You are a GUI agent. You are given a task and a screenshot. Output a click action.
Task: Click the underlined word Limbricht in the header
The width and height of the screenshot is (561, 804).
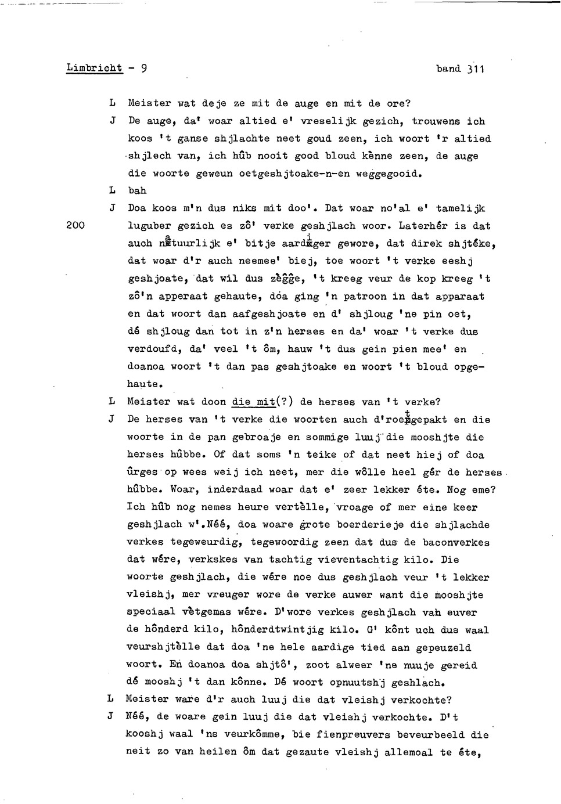[x=95, y=68]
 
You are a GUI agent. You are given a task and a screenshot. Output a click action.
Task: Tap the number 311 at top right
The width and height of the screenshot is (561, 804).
[x=475, y=68]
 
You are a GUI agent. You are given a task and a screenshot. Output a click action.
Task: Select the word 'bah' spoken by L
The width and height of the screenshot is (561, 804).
[x=137, y=190]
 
